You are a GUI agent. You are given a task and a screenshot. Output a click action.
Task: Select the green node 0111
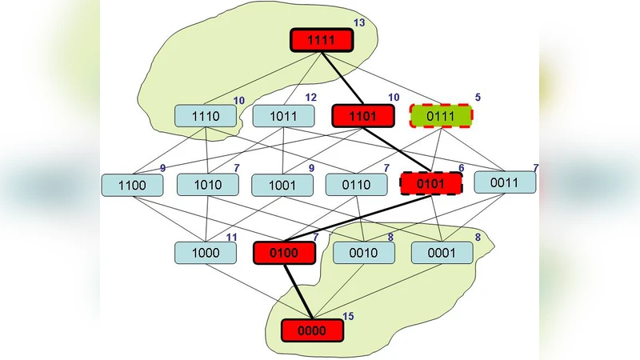pyautogui.click(x=441, y=116)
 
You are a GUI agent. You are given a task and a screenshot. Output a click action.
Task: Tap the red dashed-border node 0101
pyautogui.click(x=431, y=184)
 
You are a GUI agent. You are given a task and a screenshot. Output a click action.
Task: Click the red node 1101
pyautogui.click(x=363, y=116)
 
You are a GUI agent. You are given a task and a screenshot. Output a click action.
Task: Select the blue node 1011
pyautogui.click(x=284, y=116)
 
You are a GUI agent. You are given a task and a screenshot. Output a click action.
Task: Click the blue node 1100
pyautogui.click(x=133, y=185)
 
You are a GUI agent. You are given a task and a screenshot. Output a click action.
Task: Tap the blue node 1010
pyautogui.click(x=207, y=185)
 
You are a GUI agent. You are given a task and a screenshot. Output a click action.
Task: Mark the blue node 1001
pyautogui.click(x=282, y=185)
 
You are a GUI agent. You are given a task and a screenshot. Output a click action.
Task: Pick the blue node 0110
pyautogui.click(x=357, y=185)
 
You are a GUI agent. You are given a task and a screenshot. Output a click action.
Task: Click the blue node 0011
pyautogui.click(x=505, y=182)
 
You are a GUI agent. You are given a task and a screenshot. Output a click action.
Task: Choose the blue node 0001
pyautogui.click(x=442, y=253)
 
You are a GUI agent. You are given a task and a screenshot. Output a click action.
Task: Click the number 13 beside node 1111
pyautogui.click(x=358, y=22)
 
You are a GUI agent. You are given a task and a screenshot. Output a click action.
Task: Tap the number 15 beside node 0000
pyautogui.click(x=348, y=317)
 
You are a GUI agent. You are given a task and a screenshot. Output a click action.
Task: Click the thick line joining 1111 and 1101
pyautogui.click(x=342, y=78)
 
